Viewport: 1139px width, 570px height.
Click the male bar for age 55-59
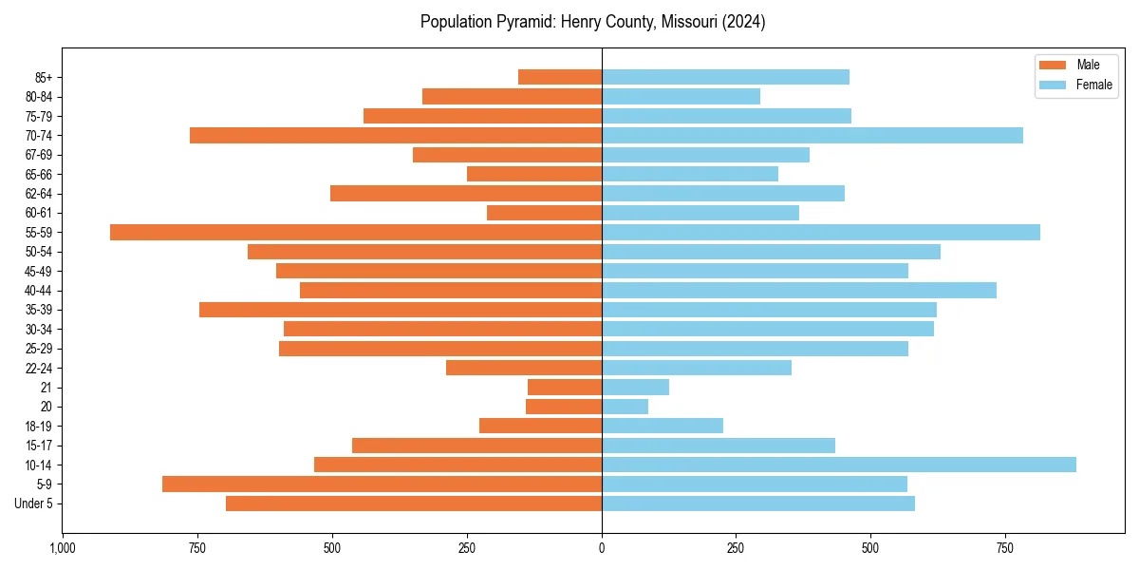[356, 232]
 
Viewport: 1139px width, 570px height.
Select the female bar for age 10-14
[839, 465]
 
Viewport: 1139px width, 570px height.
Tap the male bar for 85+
[560, 77]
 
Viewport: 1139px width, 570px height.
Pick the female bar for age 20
[625, 407]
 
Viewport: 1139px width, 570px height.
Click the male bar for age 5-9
[382, 484]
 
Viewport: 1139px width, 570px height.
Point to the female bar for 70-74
[812, 135]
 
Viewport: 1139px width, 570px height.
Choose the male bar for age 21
[565, 387]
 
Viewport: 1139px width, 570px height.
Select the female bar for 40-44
[799, 290]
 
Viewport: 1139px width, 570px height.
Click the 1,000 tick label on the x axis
[63, 548]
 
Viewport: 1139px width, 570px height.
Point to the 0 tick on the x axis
[602, 548]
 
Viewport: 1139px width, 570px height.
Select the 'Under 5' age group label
[33, 503]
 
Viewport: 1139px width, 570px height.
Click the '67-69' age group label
[39, 155]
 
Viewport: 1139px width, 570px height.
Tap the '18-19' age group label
[39, 426]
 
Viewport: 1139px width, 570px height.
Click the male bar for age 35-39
[401, 310]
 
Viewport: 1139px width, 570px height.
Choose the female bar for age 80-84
[681, 96]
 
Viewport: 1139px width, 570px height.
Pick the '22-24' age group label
[39, 368]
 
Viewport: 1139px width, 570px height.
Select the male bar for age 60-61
[544, 213]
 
